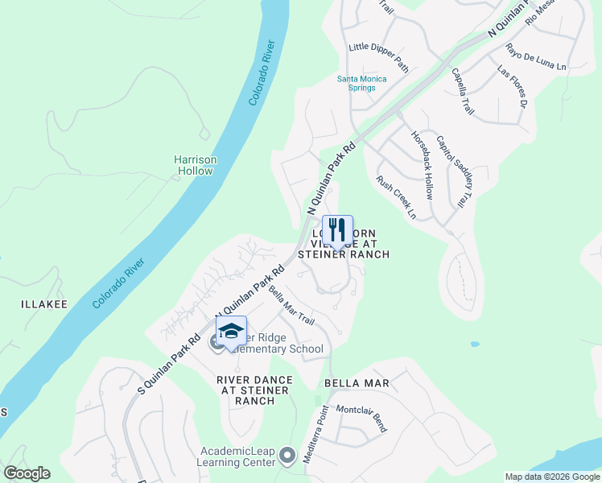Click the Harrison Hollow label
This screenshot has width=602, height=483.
coord(196,165)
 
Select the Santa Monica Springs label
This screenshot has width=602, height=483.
coord(361,83)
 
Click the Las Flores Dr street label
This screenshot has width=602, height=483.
coord(512,89)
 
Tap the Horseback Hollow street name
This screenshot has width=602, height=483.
coord(423,166)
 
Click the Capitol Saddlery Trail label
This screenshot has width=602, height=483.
coord(451,170)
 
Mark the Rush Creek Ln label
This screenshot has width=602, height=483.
coord(397,198)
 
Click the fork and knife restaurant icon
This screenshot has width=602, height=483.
coord(338,229)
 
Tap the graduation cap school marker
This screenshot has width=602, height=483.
coord(231,331)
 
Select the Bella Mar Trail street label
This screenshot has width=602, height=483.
coord(291,305)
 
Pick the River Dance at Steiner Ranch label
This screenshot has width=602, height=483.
coord(252,390)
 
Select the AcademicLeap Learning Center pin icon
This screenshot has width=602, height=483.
coord(287,457)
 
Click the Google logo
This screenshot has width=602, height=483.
coord(27,473)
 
